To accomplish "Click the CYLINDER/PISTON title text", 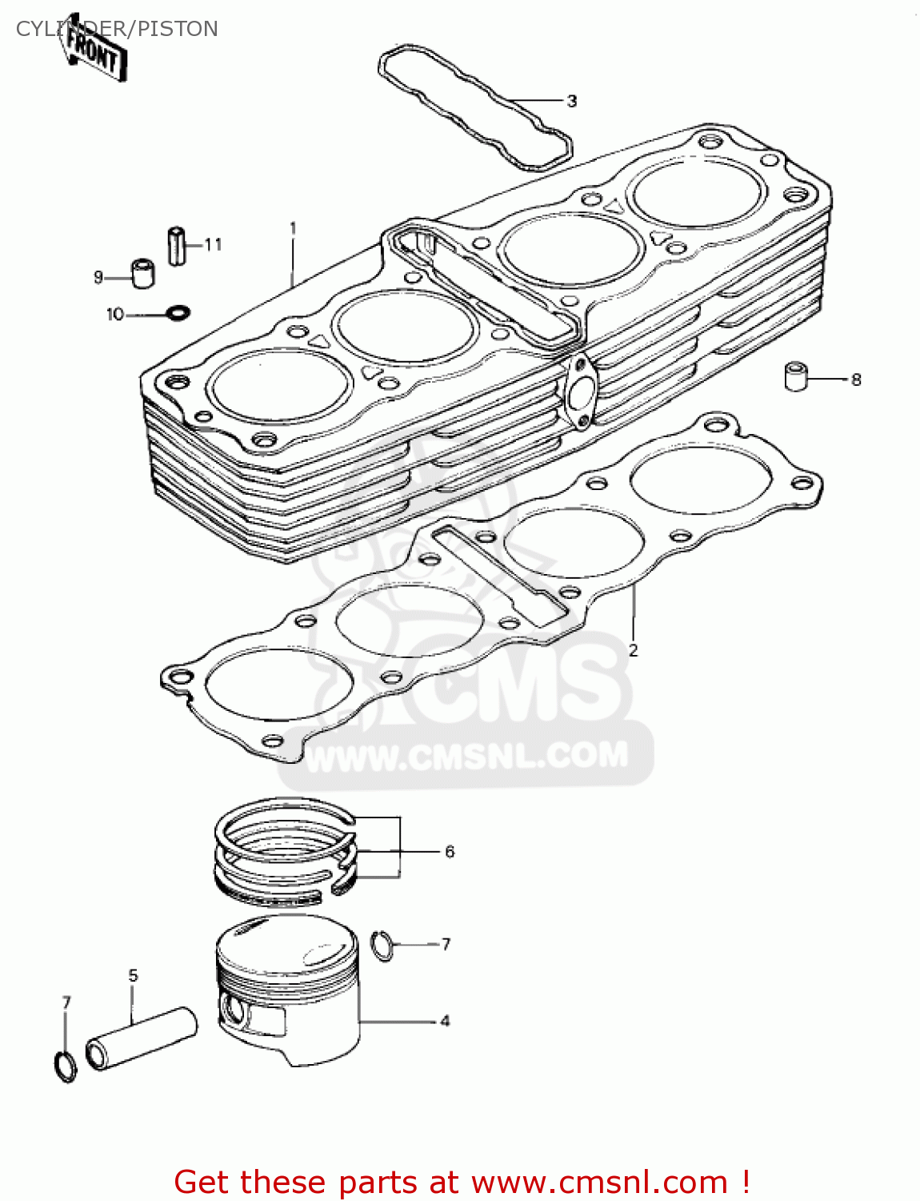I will pos(117,29).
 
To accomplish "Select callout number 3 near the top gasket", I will pos(571,101).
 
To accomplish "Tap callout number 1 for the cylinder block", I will pos(293,228).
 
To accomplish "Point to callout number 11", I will pos(213,244).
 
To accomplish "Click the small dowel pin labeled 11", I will pos(176,245).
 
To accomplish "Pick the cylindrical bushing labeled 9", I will pos(142,273).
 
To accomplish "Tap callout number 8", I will pos(856,380).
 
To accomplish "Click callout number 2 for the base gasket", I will pos(633,650).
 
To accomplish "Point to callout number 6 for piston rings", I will pos(450,851).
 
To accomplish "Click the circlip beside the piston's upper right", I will pos(383,946).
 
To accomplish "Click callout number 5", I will pos(133,975).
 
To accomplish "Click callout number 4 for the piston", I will pos(445,1021).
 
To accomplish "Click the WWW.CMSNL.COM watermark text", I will pos(467,756).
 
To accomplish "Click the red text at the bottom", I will pos(462,1182).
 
